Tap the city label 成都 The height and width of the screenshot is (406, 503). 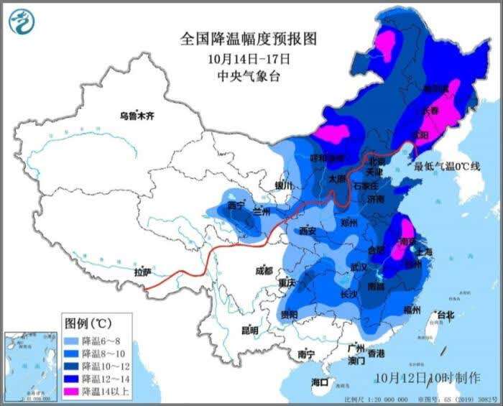[264, 271]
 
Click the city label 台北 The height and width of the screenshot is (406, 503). [445, 315]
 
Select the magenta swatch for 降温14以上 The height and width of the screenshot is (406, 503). [72, 392]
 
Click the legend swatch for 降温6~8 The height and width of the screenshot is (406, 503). [72, 341]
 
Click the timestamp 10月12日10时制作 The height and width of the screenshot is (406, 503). [427, 377]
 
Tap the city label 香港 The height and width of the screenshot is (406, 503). [376, 354]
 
